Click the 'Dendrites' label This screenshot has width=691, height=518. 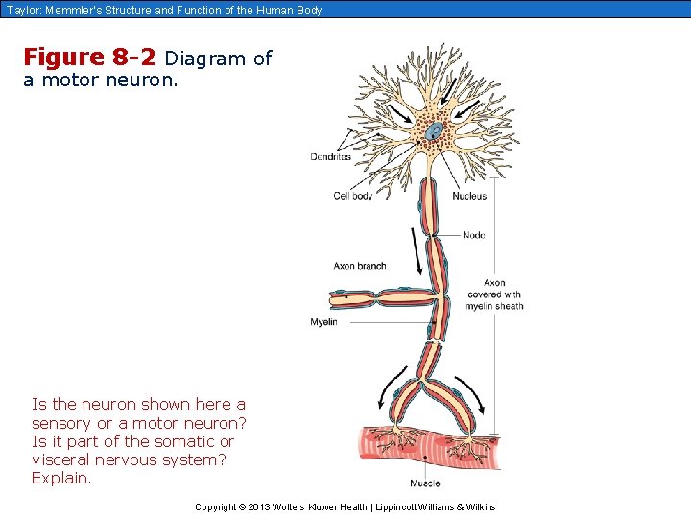(331, 156)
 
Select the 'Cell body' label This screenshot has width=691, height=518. (353, 196)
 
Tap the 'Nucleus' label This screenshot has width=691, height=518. (469, 196)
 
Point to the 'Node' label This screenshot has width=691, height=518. (473, 235)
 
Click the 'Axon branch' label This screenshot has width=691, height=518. (359, 266)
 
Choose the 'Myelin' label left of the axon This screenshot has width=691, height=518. (323, 322)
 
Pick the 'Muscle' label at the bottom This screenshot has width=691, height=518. (425, 483)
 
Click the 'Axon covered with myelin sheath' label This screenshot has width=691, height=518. (495, 294)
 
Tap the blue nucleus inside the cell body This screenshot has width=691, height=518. (435, 130)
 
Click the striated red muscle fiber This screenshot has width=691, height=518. (422, 447)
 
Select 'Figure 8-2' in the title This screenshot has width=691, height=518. (89, 58)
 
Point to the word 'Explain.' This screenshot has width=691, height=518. (62, 478)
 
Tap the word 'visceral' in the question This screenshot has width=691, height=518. (61, 459)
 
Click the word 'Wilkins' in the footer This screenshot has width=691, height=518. (477, 506)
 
